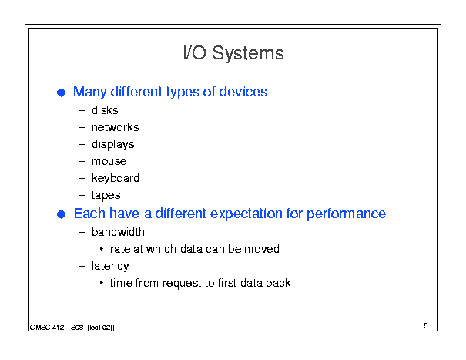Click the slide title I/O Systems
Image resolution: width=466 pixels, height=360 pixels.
coord(233,53)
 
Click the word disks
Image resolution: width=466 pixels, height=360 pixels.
coord(105,110)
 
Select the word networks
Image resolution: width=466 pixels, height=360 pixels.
coord(116,127)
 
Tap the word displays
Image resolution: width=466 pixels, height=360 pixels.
coord(113,145)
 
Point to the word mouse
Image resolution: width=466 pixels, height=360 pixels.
coord(109,161)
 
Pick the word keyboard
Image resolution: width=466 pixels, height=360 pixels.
coord(116,178)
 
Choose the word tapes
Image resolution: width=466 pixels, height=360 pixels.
coord(106,196)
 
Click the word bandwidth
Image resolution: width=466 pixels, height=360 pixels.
coord(118,232)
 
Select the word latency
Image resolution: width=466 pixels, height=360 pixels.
coord(110,266)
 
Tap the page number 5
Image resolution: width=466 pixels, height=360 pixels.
coord(426,326)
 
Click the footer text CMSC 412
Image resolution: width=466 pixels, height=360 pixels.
coord(47,328)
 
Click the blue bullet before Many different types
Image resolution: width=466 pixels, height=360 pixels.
coord(61,93)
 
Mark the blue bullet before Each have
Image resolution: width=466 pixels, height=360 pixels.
coord(61,214)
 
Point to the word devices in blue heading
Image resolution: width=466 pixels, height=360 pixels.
coord(243,92)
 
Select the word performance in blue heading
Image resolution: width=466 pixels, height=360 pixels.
coord(347,214)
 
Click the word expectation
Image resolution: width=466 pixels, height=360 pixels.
coord(246,214)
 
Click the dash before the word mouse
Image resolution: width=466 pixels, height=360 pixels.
coord(82,162)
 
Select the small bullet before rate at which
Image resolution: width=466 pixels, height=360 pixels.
coord(102,249)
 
